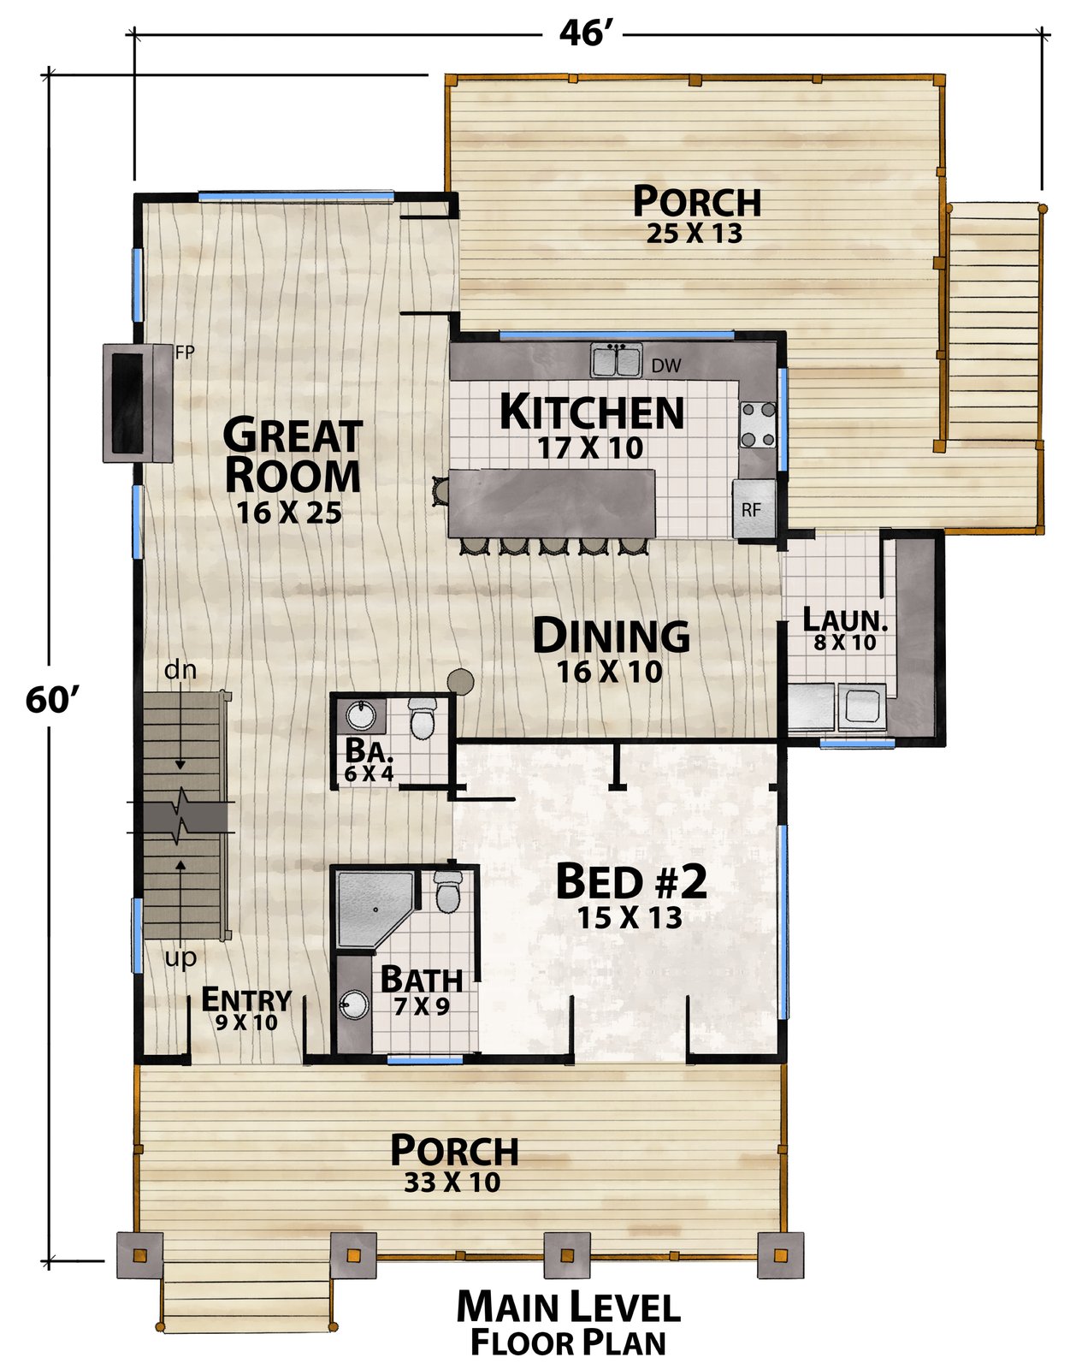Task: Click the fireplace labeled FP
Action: pos(138,403)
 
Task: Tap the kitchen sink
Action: pos(617,360)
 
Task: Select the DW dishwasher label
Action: pos(665,365)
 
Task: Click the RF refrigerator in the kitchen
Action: pos(754,509)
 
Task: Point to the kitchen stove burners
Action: pos(759,424)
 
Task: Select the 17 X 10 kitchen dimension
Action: pos(590,448)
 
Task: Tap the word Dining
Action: pos(611,637)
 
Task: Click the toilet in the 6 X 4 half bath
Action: pos(422,718)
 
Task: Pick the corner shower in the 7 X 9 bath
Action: pos(375,910)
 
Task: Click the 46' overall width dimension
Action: pos(582,33)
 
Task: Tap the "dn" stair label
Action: pos(180,670)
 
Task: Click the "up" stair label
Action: pos(180,959)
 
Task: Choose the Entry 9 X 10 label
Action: pos(246,1010)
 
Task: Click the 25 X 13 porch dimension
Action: pos(694,234)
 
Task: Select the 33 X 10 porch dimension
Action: pos(452,1182)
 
